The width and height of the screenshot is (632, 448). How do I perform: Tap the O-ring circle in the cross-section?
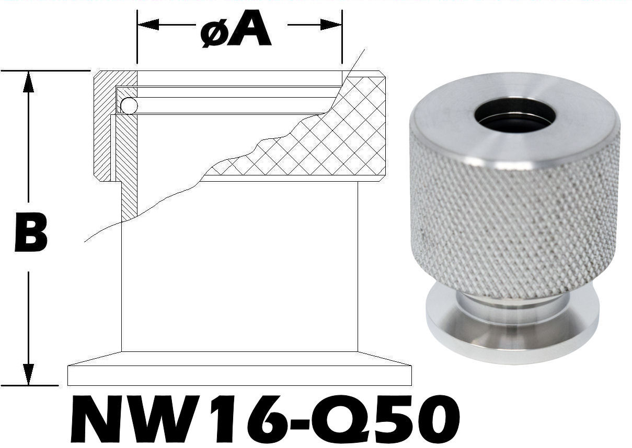(x=129, y=107)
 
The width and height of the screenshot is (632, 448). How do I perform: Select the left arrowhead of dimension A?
(x=147, y=25)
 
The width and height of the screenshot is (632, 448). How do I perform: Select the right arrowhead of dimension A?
(x=331, y=25)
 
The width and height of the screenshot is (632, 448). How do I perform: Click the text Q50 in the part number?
(x=397, y=421)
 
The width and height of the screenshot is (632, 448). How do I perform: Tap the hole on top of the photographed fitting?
(x=514, y=115)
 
